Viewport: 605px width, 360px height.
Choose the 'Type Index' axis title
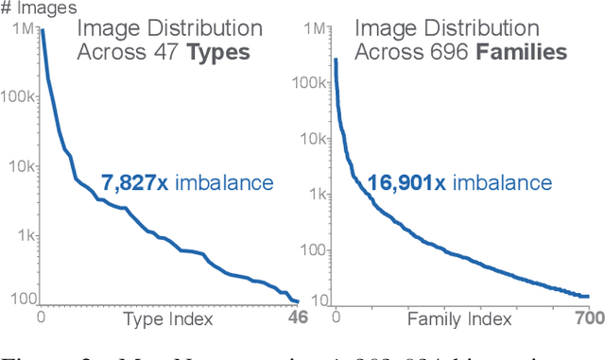(168, 319)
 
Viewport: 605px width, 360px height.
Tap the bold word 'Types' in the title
(218, 52)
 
